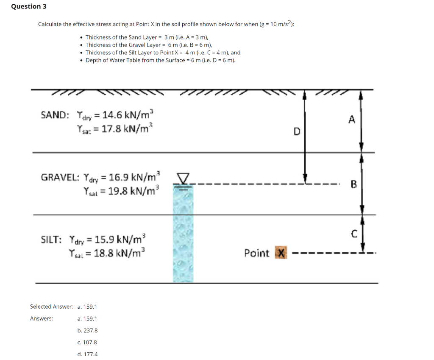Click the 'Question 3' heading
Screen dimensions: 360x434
29,6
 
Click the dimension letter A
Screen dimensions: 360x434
351,120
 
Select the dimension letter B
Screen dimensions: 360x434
354,184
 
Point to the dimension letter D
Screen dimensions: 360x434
297,131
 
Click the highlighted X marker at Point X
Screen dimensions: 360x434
281,253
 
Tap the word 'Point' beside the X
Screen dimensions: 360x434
256,253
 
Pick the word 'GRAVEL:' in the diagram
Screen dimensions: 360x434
60,177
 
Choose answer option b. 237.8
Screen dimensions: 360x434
88,330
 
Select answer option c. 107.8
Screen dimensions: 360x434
87,342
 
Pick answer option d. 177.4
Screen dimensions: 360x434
88,354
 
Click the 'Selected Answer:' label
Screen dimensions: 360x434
52,306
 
